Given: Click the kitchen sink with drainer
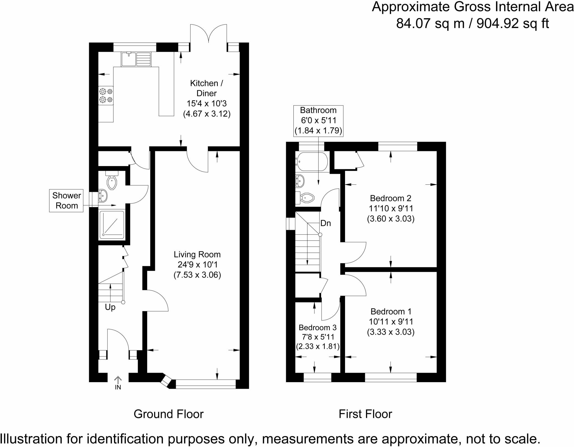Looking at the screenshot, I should [x=136, y=59].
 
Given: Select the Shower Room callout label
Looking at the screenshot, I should [x=66, y=200].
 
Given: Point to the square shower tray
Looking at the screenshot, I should [x=112, y=225].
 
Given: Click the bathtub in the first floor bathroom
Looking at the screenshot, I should [x=311, y=162].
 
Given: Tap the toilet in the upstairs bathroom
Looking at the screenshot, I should [x=306, y=198].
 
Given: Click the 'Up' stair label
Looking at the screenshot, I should [x=110, y=307].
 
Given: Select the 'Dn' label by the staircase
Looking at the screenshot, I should [x=326, y=223].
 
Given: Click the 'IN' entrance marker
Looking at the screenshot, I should [x=118, y=387].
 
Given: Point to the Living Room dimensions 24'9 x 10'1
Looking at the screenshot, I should [x=197, y=265].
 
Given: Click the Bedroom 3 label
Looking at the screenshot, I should [x=318, y=327].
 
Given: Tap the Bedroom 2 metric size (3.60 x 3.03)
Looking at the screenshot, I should [x=391, y=219].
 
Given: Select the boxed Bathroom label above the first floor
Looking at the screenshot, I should [x=318, y=120].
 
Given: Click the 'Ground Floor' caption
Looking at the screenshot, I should [x=168, y=414].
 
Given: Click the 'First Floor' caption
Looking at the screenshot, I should [x=365, y=414].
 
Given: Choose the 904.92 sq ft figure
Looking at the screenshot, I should [x=513, y=24].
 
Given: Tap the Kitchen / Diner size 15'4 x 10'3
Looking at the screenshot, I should [x=207, y=104].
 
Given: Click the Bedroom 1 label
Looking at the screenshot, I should [x=391, y=311].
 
